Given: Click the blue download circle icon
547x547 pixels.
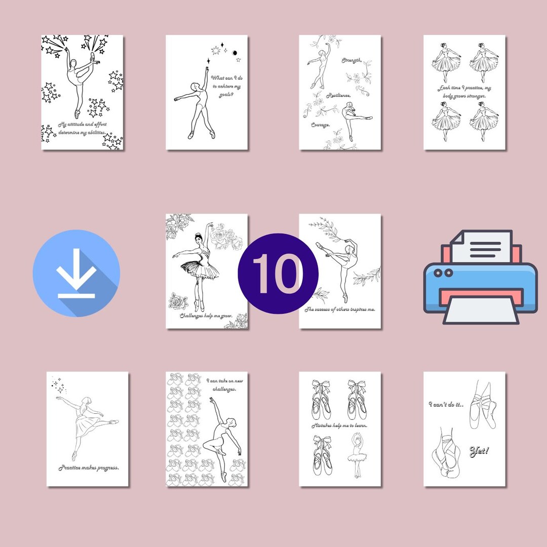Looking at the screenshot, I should coord(76,273).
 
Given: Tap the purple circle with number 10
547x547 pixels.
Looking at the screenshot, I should coord(278,273).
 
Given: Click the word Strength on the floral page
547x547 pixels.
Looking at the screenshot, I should coord(351,61).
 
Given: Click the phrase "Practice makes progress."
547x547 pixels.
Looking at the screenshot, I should coord(88,467).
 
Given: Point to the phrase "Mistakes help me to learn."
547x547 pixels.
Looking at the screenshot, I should coord(339,425).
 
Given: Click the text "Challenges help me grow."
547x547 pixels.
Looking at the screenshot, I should coord(206,316).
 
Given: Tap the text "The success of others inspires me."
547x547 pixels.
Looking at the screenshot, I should coord(340,309).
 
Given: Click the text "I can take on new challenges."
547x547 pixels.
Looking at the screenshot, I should coord(221,384).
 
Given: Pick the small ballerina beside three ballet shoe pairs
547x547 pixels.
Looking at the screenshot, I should coord(358,454).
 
